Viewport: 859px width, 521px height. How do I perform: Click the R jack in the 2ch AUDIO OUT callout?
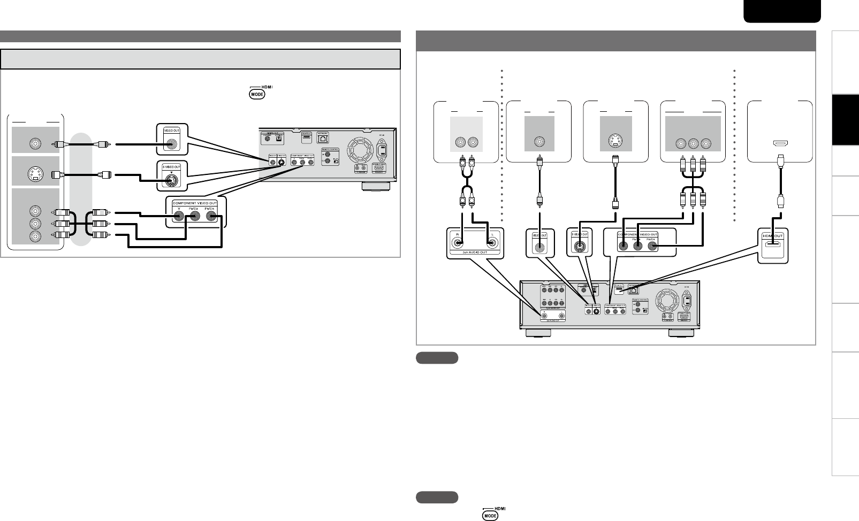point(459,244)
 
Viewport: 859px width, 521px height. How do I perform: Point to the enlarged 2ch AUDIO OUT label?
point(473,255)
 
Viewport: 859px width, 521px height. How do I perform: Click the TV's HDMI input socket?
point(780,143)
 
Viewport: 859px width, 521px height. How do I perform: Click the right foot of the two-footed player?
point(682,333)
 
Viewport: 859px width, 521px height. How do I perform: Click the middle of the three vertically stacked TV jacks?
point(35,223)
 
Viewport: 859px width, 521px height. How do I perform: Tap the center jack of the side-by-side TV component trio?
point(693,143)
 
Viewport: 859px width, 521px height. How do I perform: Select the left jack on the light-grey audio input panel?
point(460,143)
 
